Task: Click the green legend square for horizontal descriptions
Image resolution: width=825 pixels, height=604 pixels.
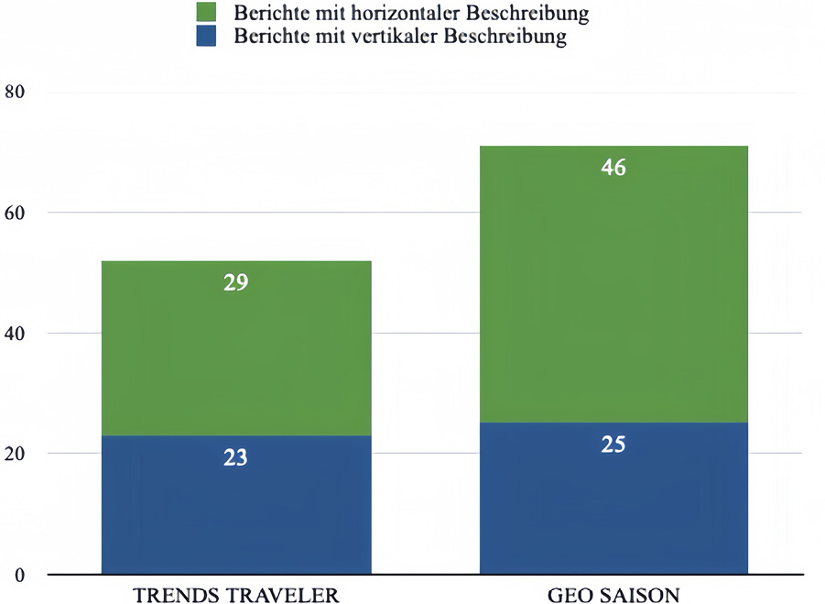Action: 206,13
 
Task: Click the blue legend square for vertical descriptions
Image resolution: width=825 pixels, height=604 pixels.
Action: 206,38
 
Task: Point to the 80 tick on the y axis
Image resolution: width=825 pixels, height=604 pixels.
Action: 16,92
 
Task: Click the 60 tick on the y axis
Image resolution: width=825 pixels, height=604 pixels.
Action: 16,213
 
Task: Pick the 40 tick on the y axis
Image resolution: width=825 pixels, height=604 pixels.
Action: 16,334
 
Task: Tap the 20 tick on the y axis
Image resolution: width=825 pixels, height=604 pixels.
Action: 16,455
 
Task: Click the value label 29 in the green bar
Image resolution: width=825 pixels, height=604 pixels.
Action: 236,282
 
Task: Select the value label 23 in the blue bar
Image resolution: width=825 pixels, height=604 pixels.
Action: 236,456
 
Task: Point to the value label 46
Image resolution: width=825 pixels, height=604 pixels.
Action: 613,168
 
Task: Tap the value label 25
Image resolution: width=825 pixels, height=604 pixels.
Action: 613,445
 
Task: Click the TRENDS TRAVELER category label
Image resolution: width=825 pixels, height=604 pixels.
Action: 236,595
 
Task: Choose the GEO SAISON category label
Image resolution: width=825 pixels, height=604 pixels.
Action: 614,595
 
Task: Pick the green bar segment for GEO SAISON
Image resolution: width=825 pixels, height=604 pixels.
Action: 613,293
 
